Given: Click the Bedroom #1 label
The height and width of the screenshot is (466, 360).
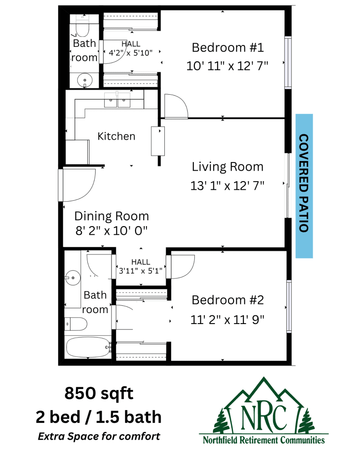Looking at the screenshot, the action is click(228, 47).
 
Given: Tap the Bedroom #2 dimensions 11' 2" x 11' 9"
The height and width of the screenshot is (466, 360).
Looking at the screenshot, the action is click(228, 320).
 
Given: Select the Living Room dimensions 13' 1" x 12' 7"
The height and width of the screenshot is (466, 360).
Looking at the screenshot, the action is click(228, 186).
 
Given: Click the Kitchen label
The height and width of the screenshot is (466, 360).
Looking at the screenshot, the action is click(116, 136).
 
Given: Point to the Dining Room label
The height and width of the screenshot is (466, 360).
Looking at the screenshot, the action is click(112, 216).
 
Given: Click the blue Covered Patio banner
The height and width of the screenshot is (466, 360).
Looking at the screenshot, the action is click(304, 186).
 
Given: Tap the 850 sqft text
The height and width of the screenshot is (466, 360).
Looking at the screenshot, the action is click(99, 393).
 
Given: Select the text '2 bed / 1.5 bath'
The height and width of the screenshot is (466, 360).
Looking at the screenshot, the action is click(99, 417).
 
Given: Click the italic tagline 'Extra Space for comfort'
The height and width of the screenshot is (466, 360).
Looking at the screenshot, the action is click(99, 436).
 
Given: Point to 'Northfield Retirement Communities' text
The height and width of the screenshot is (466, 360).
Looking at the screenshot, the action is click(264, 440).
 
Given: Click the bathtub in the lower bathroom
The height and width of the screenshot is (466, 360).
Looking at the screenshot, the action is click(88, 347).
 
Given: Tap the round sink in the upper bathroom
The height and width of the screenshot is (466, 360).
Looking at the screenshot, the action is click(85, 80).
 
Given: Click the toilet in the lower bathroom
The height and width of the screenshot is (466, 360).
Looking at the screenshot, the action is click(76, 324).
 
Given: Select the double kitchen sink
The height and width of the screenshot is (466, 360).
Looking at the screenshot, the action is click(117, 100).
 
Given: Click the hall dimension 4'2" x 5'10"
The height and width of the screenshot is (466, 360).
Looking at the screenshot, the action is click(131, 53).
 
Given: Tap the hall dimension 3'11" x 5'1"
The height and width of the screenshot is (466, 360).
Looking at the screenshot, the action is click(141, 271).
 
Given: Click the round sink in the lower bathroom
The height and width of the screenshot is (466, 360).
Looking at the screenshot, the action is click(72, 278).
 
